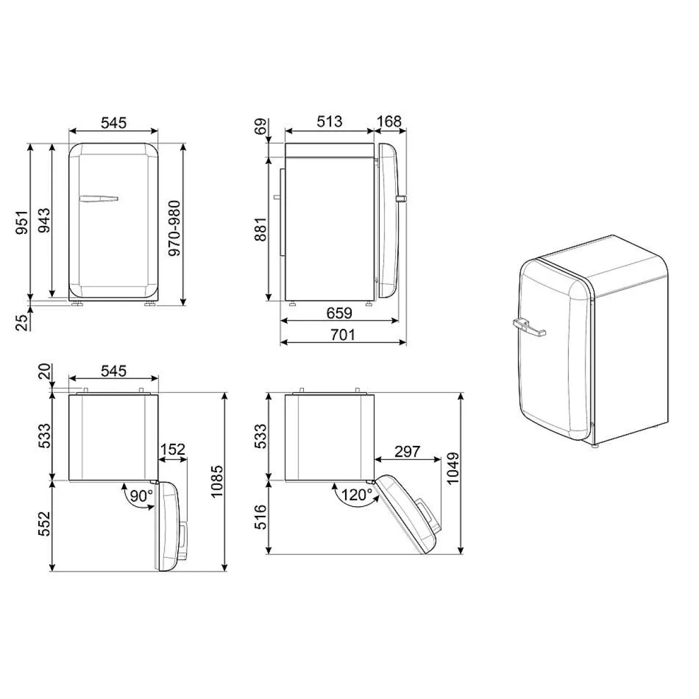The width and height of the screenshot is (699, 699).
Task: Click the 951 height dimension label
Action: pos(22,222)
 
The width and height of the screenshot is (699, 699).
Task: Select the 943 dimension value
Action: pos(44,220)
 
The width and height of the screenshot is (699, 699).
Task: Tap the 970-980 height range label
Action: pos(175,228)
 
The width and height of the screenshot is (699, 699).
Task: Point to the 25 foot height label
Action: pos(22,322)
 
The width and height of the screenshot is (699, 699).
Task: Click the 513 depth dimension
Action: pos(329,122)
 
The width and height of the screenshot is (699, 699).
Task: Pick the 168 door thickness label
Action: pos(389,122)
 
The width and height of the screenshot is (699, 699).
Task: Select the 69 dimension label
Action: pos(260,127)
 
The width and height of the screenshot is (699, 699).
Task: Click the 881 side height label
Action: pos(261,229)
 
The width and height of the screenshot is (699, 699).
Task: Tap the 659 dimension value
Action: pos(339,313)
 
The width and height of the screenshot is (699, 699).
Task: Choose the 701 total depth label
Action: pos(343,335)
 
